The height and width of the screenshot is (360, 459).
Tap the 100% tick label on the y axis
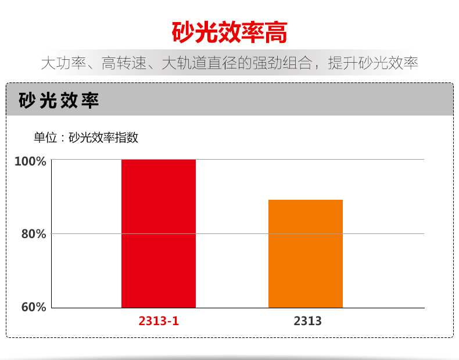click(30, 161)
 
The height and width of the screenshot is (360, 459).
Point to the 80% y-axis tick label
click(33, 234)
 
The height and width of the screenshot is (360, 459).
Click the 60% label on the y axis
click(33, 307)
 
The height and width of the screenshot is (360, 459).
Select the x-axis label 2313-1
click(159, 321)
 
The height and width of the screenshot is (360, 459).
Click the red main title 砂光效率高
click(229, 33)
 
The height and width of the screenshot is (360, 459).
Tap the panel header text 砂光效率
click(59, 100)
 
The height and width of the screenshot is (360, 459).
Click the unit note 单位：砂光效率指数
click(85, 138)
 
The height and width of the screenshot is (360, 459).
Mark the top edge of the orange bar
click(305, 200)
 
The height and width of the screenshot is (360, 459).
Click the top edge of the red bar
click(158, 160)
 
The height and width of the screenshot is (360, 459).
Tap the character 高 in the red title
click(276, 33)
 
